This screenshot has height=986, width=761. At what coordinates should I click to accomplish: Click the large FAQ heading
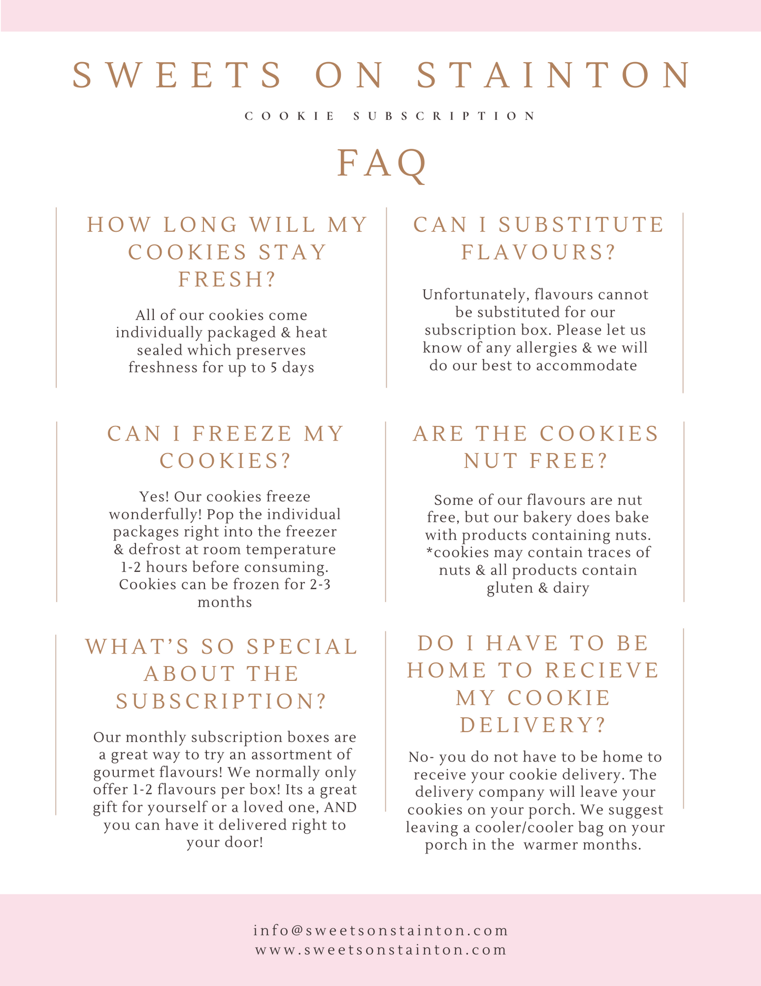(381, 163)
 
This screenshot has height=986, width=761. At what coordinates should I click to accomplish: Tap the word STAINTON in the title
(555, 75)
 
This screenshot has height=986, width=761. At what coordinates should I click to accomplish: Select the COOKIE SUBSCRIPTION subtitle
(390, 116)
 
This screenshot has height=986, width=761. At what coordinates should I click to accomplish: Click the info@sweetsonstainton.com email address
(381, 931)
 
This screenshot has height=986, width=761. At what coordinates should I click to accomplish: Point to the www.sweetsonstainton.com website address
(381, 950)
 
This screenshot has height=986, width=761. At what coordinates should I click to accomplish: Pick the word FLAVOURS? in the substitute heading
(539, 252)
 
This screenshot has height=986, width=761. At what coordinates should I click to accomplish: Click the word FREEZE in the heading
(242, 434)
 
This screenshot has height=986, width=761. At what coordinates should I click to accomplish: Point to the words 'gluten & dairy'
(538, 588)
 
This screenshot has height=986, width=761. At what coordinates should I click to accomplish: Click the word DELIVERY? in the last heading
(533, 725)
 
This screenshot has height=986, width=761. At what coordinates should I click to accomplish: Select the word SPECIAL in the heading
(302, 647)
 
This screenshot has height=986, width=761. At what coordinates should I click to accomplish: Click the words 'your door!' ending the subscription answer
(225, 842)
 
